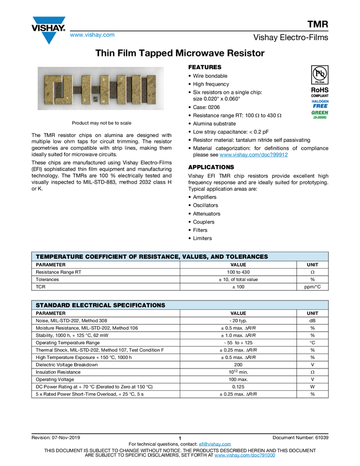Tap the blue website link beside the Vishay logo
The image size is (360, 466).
92,35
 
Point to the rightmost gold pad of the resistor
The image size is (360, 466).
151,90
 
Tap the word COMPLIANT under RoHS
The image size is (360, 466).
320,96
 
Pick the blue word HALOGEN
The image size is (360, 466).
320,101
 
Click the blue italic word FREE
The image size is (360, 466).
320,106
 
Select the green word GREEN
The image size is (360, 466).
320,112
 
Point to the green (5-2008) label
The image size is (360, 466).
320,117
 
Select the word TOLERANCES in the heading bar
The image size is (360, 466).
244,257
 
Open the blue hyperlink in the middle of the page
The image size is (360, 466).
254,155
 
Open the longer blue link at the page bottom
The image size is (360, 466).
244,456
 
